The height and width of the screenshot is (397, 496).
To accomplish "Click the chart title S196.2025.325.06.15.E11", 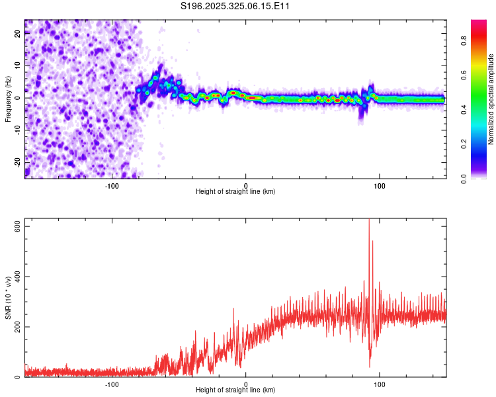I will (235, 7).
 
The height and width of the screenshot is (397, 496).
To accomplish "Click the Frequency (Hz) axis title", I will (8, 99).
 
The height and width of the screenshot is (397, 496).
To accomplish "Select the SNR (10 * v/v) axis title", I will (8, 298).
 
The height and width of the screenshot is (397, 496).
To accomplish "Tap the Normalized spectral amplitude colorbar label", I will (491, 99).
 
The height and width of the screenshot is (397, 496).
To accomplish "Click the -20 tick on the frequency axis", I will (17, 161).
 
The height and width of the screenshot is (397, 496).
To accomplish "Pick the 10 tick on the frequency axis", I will (19, 66).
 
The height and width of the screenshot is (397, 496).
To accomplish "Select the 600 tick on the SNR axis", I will (15, 226).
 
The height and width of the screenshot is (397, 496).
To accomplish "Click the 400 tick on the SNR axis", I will (15, 277).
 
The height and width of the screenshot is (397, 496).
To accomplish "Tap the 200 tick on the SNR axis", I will (15, 327).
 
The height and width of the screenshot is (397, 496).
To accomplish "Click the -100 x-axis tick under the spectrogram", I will (112, 185).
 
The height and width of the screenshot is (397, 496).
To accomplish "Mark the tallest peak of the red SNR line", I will (368, 220).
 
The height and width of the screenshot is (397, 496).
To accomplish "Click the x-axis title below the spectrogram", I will (235, 192).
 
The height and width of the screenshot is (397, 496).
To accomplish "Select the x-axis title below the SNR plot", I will (235, 390).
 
